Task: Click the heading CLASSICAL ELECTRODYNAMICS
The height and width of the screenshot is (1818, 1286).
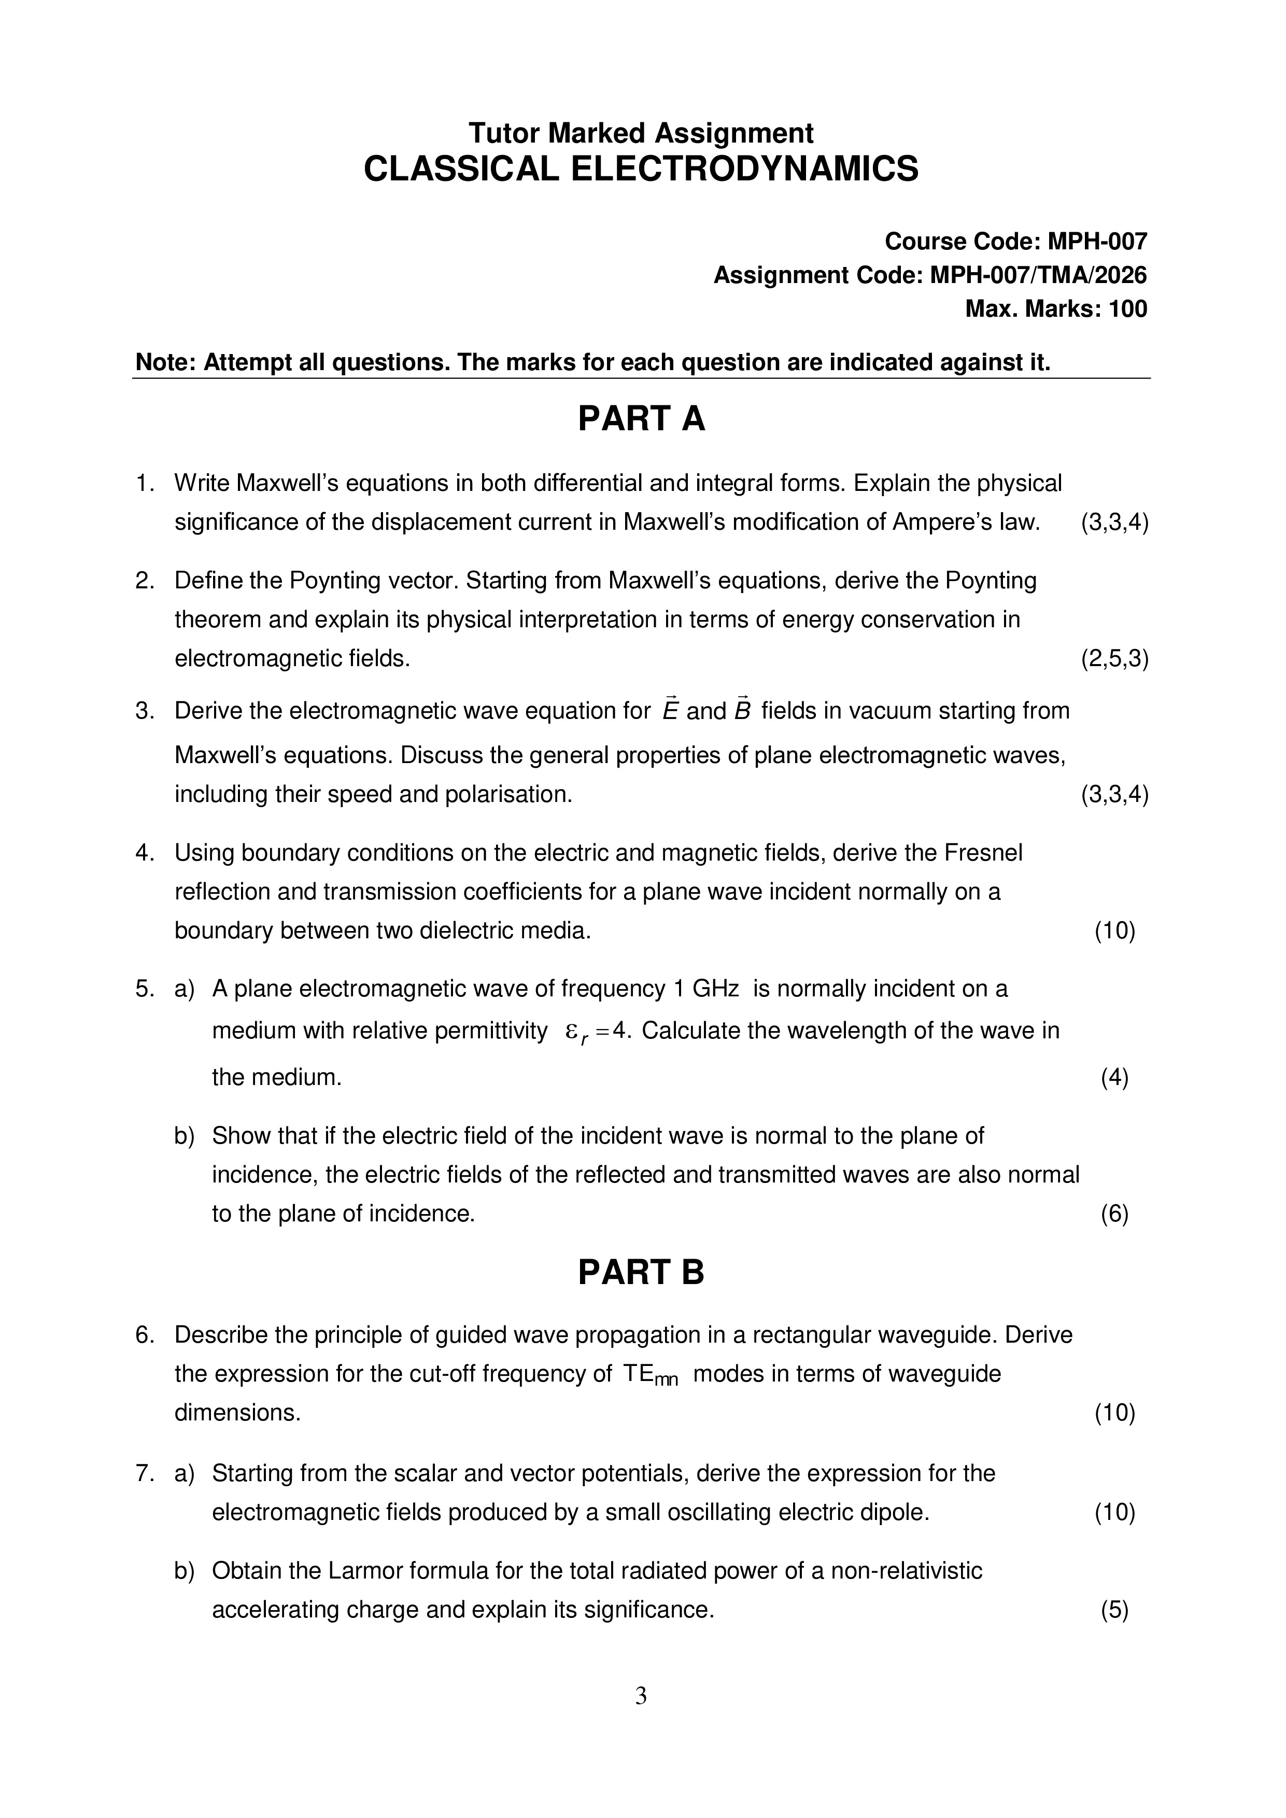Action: click(x=641, y=170)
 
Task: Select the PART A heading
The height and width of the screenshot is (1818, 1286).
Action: click(x=641, y=419)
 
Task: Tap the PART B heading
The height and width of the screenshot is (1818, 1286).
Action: click(x=641, y=1273)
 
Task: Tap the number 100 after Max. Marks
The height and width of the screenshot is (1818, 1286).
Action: click(x=1127, y=309)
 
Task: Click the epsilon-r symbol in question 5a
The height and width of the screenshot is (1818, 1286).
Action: click(x=576, y=1033)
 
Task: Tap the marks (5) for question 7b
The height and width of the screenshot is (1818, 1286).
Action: click(x=1114, y=1610)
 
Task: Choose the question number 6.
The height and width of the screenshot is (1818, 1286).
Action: click(x=144, y=1335)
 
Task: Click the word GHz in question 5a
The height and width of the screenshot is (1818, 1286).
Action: click(x=716, y=989)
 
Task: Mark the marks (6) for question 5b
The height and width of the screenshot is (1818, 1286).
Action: click(x=1114, y=1214)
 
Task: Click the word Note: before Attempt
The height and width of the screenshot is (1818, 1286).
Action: click(x=166, y=363)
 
